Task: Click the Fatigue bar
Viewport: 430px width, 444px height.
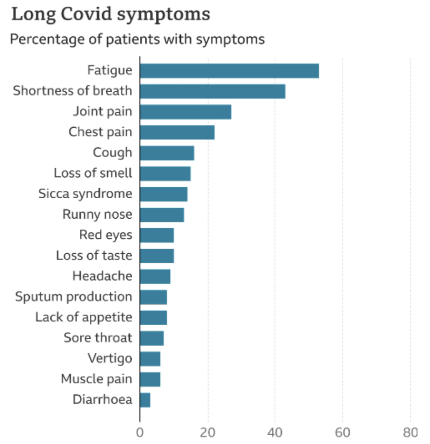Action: pyautogui.click(x=229, y=71)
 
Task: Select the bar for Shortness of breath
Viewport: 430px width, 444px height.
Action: pyautogui.click(x=212, y=91)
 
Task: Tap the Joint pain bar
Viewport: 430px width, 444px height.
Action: pyautogui.click(x=185, y=112)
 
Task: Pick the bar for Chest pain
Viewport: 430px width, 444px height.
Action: pyautogui.click(x=177, y=132)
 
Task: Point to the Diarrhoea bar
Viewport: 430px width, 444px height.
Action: pyautogui.click(x=145, y=400)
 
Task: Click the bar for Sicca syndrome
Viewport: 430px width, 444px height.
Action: pyautogui.click(x=164, y=194)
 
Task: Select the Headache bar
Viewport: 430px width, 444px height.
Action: pyautogui.click(x=155, y=276)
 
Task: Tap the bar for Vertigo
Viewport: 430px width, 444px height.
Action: pyautogui.click(x=150, y=358)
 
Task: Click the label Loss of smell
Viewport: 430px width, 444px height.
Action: pyautogui.click(x=93, y=173)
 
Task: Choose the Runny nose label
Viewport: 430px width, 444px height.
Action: pyautogui.click(x=97, y=214)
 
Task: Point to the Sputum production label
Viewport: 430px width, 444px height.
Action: pyautogui.click(x=73, y=297)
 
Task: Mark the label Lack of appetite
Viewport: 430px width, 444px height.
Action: pyautogui.click(x=83, y=317)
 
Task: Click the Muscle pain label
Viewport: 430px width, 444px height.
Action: pyautogui.click(x=96, y=379)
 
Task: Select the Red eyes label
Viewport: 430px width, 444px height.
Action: pyautogui.click(x=106, y=235)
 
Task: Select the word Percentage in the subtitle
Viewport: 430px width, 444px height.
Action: pyautogui.click(x=42, y=39)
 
